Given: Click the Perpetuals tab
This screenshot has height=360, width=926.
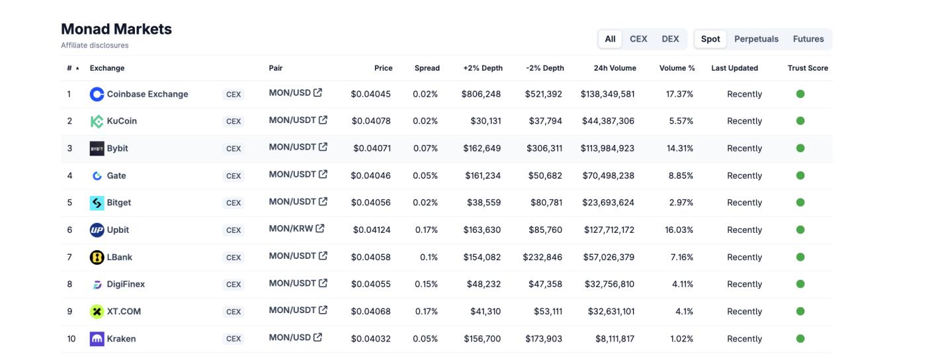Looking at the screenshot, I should pos(756,39).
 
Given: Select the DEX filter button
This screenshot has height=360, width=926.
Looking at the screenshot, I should pos(670,39).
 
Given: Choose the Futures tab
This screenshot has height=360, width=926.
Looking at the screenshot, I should pos(808,39).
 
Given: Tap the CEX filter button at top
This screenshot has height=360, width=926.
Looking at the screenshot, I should pos(638,39).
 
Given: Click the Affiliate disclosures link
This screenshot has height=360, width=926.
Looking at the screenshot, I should pos(95,46).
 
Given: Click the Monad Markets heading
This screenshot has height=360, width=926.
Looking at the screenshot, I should pos(116,29).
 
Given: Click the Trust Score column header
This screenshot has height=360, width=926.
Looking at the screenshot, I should pos(808,68).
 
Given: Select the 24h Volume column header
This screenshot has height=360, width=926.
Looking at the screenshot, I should pos(614,68).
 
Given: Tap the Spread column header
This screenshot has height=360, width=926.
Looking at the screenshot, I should pos(427,68).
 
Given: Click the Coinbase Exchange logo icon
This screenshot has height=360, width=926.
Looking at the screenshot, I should pos(97,94).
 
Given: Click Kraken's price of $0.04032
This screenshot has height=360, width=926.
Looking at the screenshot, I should pos(370,339).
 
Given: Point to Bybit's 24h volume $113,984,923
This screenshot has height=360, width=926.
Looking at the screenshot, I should pos(607,148).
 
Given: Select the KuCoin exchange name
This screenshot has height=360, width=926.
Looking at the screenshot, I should pos(122,121).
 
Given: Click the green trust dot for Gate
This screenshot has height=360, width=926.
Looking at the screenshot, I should pos(800,175).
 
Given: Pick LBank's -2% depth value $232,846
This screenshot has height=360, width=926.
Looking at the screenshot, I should pos(542,257).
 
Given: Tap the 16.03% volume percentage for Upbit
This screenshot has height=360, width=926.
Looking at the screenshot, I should pos(679,230).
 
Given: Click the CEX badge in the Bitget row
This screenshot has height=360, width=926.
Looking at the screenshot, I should pos(233,203).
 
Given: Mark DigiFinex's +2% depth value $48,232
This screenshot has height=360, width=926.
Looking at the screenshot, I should pos(481,285).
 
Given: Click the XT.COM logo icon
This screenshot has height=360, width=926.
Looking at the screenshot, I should pos(97,312).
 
